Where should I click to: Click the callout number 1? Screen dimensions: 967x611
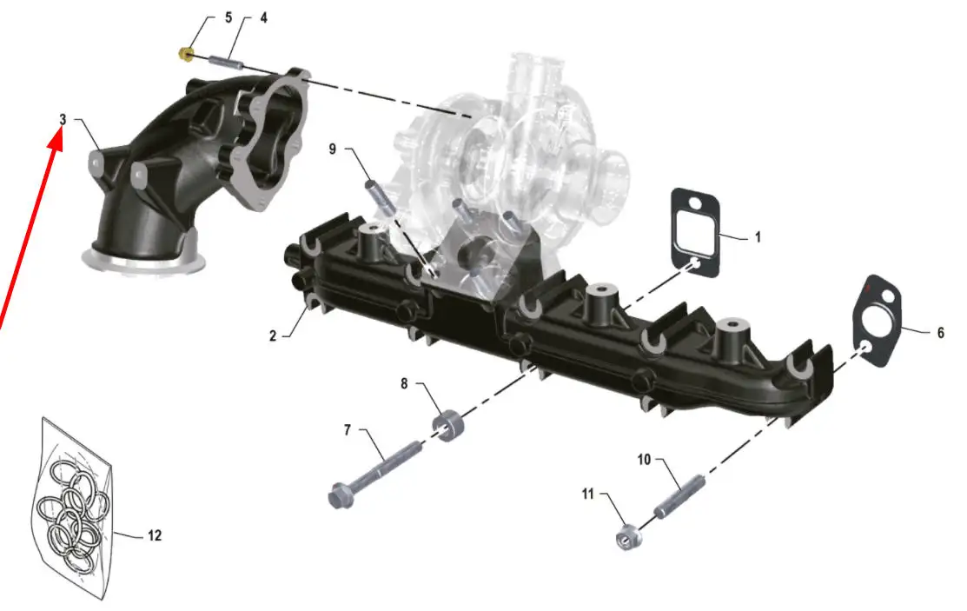pos(758,237)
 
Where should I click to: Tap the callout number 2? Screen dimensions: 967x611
pos(273,335)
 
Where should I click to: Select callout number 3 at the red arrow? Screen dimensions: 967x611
pos(63,119)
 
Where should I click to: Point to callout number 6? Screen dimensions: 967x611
pos(940,333)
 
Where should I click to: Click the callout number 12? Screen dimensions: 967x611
pos(155,535)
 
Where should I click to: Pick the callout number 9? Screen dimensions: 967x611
pos(333,149)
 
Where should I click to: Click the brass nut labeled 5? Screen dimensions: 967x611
pos(184,54)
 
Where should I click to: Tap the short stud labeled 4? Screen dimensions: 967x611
pos(227,63)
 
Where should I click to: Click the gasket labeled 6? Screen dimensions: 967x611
pos(877,321)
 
